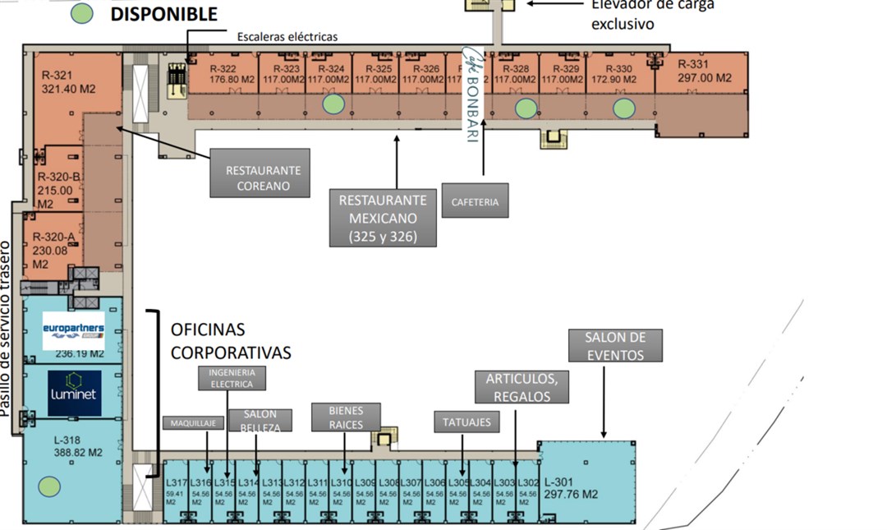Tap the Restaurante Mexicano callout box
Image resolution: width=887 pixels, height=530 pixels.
[x=382, y=218]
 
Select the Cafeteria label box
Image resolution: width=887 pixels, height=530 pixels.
[x=475, y=201]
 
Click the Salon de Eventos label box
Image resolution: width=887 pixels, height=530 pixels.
[x=615, y=346]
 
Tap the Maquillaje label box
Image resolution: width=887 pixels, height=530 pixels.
[x=193, y=423]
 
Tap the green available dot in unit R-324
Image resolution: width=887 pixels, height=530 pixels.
[x=333, y=104]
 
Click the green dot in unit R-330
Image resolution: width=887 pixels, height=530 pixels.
[x=624, y=107]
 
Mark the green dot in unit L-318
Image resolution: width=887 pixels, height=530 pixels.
[x=50, y=486]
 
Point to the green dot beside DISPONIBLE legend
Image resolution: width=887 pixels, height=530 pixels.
[x=82, y=13]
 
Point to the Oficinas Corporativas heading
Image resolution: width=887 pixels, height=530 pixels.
[x=231, y=341]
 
